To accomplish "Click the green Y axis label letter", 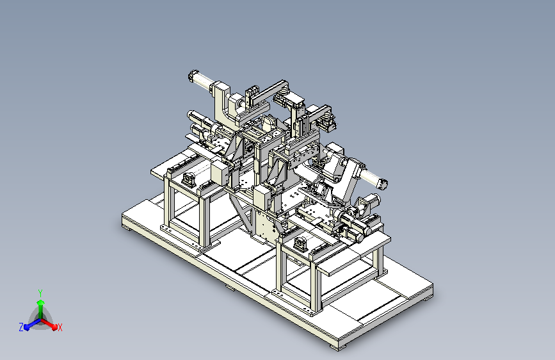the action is click(x=40, y=293).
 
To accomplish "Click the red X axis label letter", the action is click(x=60, y=328).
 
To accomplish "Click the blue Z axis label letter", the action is click(x=21, y=327).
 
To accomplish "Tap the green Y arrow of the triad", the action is click(x=41, y=309).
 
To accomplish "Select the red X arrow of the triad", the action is click(x=49, y=324).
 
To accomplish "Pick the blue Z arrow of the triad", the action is click(x=32, y=324).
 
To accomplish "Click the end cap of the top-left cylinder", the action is click(x=193, y=76).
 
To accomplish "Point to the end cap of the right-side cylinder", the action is click(x=383, y=183).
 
